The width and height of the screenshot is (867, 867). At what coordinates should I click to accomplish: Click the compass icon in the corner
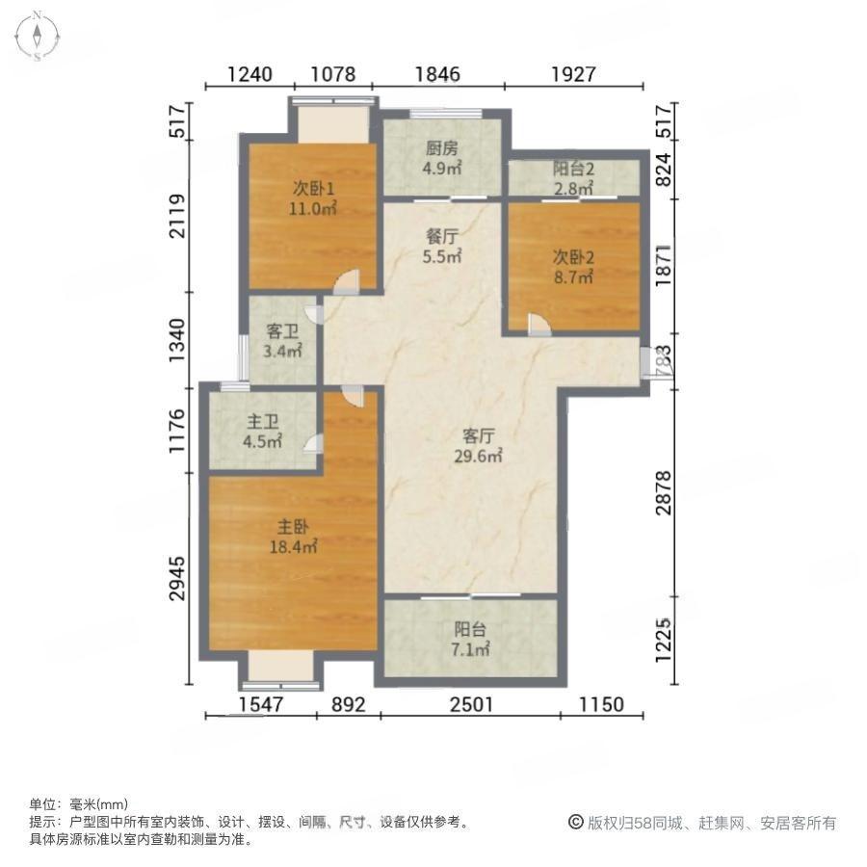pyautogui.click(x=37, y=36)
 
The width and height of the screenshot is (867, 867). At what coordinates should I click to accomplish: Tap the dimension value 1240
pyautogui.click(x=250, y=74)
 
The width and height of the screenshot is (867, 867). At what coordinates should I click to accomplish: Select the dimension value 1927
pyautogui.click(x=573, y=74)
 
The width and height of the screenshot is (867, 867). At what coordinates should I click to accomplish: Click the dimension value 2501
pyautogui.click(x=470, y=704)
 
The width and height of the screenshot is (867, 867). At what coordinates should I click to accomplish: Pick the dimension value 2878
pyautogui.click(x=664, y=492)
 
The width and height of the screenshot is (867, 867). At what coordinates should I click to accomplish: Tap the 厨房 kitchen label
pyautogui.click(x=442, y=148)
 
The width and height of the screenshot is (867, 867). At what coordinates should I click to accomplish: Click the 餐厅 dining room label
pyautogui.click(x=442, y=237)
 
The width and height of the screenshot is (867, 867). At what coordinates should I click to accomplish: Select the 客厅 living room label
pyautogui.click(x=478, y=436)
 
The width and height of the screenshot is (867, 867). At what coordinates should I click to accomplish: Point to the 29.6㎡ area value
pyautogui.click(x=478, y=457)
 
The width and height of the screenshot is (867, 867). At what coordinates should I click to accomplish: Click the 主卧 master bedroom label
pyautogui.click(x=293, y=526)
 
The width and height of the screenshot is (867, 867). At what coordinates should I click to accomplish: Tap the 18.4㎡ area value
pyautogui.click(x=293, y=547)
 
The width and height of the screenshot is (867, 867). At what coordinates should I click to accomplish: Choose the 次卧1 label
pyautogui.click(x=313, y=189)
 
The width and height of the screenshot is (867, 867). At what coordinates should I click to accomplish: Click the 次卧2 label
pyautogui.click(x=574, y=256)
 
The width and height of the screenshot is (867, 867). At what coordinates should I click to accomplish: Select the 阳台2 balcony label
pyautogui.click(x=574, y=169)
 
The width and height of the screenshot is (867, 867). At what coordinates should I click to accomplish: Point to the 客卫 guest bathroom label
pyautogui.click(x=282, y=331)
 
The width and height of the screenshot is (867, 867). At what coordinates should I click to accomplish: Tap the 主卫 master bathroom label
pyautogui.click(x=263, y=422)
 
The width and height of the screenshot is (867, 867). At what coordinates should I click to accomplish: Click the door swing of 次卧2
pyautogui.click(x=539, y=326)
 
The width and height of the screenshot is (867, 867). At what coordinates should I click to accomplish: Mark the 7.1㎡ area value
pyautogui.click(x=470, y=649)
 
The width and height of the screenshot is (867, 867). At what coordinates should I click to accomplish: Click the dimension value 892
pyautogui.click(x=349, y=704)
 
